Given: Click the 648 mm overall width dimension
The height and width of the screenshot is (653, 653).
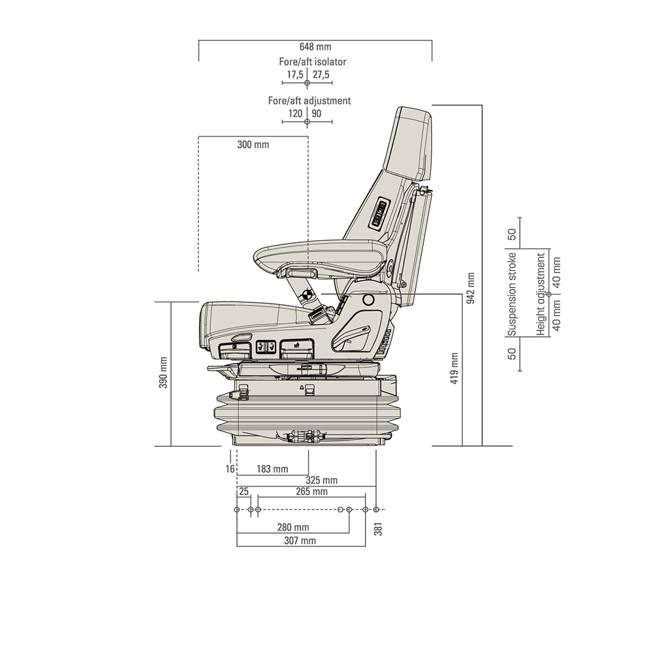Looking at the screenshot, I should [315, 47].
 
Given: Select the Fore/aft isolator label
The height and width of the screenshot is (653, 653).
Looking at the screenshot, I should [312, 62].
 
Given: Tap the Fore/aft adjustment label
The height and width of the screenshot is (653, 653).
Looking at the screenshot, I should [309, 101].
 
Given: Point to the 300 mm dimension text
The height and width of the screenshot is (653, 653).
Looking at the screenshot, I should [253, 144].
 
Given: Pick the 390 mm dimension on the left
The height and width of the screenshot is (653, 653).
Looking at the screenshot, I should [163, 373].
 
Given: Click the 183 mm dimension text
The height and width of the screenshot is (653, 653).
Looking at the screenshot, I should [272, 469].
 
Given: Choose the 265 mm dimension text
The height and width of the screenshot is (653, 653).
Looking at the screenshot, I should [311, 492].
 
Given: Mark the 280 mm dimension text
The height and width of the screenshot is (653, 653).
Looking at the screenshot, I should [293, 527].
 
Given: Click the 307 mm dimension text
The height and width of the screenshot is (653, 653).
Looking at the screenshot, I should [300, 541].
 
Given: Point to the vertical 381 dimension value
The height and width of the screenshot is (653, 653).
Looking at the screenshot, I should [378, 529].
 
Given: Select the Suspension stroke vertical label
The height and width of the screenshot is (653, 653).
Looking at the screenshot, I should [513, 294].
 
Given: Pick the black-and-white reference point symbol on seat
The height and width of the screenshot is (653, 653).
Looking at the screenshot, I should [305, 294].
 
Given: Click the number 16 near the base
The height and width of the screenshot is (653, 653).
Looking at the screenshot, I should [230, 469].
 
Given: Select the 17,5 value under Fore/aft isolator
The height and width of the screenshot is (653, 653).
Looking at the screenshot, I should [295, 75].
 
